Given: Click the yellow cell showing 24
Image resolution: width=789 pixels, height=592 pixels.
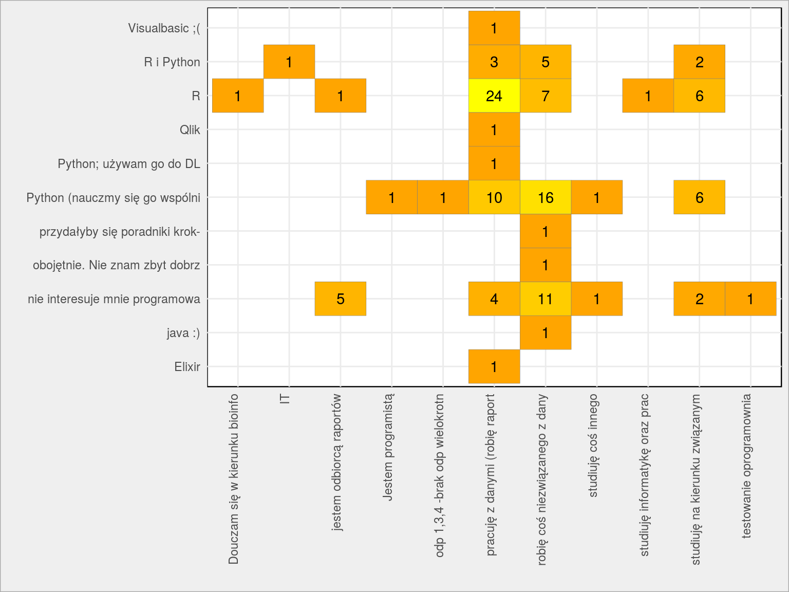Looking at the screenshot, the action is tap(494, 96).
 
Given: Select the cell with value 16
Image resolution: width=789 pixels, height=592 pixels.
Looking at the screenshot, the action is tap(546, 197).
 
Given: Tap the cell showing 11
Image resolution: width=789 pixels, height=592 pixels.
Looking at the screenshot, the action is tap(546, 299).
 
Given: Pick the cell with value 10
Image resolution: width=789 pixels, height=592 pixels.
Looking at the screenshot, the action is tap(494, 197).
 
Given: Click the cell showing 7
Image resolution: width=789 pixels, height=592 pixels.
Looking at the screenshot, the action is tap(546, 96).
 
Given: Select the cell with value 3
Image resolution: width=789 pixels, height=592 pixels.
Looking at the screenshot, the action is tap(494, 62).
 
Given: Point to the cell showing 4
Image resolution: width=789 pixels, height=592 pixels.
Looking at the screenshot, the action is tap(494, 299).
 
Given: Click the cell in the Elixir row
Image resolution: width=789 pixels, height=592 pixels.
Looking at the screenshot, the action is tap(494, 366).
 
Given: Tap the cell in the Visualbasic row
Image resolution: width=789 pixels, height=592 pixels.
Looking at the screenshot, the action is tap(494, 28).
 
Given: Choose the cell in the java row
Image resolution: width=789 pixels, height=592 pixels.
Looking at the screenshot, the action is tap(546, 332).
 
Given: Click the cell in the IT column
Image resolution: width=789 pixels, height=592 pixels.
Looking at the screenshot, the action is tap(289, 62).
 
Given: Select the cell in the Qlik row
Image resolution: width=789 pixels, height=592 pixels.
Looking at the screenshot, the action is tap(494, 129).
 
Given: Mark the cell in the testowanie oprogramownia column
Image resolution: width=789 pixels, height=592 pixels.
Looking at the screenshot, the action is tap(750, 299).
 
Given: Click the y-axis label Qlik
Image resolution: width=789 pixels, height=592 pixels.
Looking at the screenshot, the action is tap(190, 130).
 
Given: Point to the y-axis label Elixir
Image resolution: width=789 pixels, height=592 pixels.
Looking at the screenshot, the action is tap(187, 366).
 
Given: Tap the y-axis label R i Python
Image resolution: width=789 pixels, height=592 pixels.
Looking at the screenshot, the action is tap(172, 62).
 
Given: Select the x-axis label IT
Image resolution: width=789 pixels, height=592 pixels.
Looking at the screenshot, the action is tap(285, 399).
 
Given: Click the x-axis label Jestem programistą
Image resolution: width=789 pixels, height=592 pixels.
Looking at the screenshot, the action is tap(388, 447).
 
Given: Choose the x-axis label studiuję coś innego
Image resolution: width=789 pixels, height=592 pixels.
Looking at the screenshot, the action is tap(593, 446).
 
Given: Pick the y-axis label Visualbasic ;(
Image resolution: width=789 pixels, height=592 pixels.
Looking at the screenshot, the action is tap(164, 28).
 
